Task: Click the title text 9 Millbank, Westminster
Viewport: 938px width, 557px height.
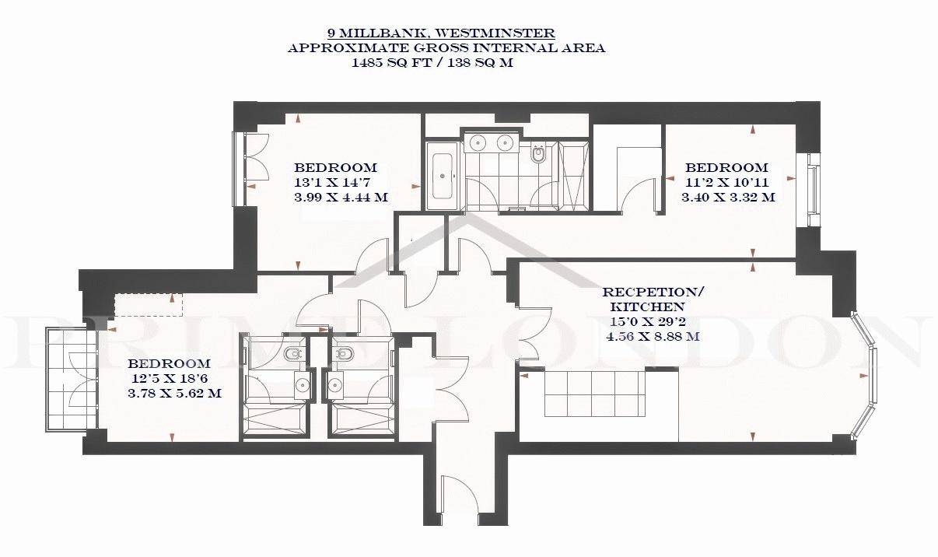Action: point(442,33)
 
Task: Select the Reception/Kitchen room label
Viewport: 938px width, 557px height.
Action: point(653,300)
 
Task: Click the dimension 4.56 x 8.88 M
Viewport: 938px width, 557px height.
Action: point(653,337)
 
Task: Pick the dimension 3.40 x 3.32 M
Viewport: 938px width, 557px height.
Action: point(728,198)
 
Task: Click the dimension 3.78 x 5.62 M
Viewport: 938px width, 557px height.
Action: point(175,394)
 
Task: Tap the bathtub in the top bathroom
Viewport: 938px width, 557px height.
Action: point(443,176)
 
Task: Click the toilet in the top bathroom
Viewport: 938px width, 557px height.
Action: point(537,154)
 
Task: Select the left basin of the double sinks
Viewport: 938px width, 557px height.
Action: point(478,143)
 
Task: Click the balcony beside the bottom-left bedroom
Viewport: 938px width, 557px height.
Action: point(72,379)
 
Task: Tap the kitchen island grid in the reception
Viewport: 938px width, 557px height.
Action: point(594,394)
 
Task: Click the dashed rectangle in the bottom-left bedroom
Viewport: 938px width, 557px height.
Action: point(149,304)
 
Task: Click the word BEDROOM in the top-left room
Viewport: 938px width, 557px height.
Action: point(335,168)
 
